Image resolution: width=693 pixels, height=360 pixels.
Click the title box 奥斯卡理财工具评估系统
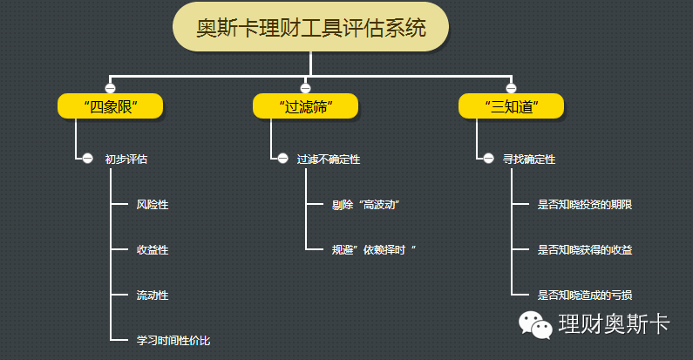310,28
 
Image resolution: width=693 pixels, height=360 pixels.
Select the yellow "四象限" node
111,106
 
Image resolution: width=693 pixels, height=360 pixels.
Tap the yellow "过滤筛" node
305,106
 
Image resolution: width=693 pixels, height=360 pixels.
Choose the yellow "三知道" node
512,106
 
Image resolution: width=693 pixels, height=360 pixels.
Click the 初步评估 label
126,160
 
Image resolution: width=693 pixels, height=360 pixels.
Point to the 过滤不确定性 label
328,160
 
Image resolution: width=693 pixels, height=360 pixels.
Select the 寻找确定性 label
529,160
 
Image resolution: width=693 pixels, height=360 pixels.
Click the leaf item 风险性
153,205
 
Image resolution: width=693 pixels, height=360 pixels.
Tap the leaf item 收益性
153,250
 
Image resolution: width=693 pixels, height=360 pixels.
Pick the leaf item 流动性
153,295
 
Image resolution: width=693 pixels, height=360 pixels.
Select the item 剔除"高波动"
364,205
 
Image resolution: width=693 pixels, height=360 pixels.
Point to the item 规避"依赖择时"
374,250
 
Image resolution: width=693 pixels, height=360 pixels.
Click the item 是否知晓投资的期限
585,205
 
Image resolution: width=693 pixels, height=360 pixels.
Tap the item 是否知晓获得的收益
585,250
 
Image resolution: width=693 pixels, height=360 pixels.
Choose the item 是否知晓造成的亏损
585,295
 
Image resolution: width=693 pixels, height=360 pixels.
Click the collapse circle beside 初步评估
87,159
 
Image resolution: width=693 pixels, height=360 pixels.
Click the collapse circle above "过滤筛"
305,88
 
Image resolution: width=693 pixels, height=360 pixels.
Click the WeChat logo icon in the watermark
537,324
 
